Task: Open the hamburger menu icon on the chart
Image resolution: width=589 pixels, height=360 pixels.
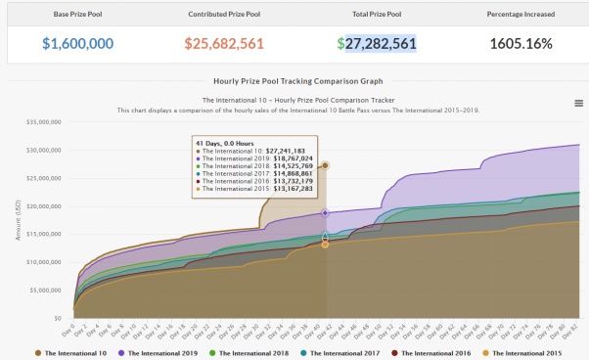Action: coord(578,103)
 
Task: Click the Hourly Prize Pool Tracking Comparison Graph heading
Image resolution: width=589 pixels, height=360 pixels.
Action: coord(294,81)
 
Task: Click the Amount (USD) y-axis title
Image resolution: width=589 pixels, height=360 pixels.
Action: coord(17,221)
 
